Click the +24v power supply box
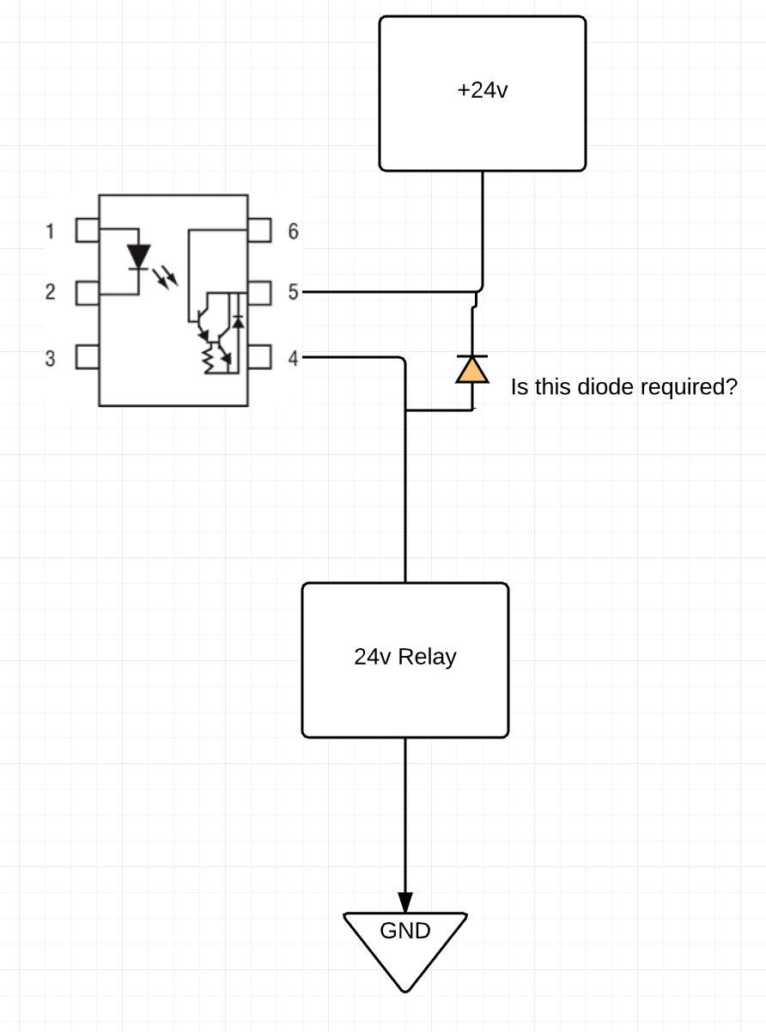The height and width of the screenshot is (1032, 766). pos(483,93)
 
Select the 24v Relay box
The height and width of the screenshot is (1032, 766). pos(404,659)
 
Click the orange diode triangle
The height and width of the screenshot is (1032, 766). pos(471,370)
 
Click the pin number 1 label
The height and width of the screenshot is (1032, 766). pos(51,231)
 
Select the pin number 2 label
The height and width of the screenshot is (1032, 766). pos(51,292)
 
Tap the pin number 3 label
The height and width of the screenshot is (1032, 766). pos(51,358)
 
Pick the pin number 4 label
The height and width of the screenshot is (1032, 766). pos(293,358)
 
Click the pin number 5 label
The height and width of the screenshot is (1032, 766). pos(293,292)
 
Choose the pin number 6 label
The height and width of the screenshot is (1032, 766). pos(293,231)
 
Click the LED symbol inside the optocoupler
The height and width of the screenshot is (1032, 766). pos(138,256)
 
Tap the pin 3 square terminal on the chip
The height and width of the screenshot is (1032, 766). pos(88,356)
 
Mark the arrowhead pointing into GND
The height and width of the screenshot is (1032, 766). pos(405,901)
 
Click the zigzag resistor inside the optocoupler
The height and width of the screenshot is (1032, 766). pos(207,359)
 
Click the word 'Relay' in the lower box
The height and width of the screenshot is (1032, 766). pos(427,658)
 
